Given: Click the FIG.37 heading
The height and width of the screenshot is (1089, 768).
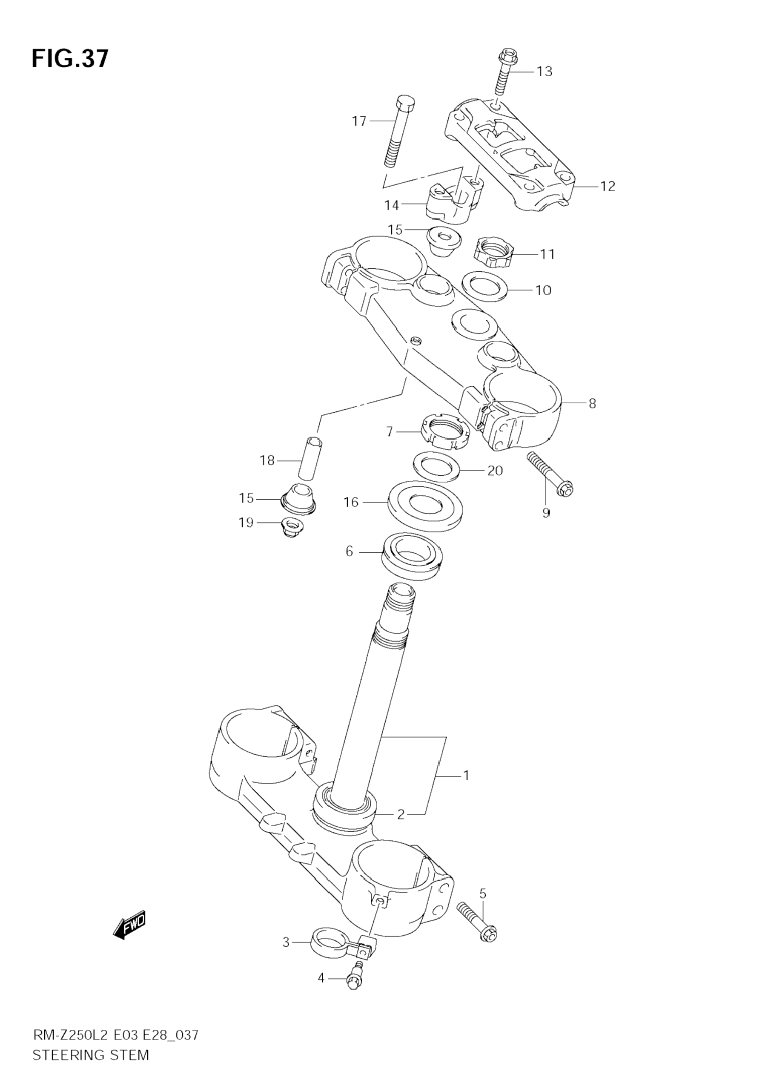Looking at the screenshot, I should (70, 59).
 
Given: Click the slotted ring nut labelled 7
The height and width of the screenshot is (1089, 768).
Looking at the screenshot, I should (445, 430).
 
